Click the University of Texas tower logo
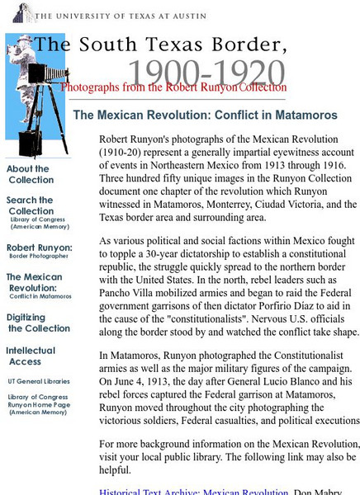[x=23, y=12]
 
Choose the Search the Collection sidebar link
[x=31, y=205]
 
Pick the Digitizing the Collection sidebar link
[x=27, y=323]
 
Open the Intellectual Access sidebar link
[x=31, y=356]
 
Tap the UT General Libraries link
[x=39, y=380]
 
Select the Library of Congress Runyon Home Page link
[x=38, y=404]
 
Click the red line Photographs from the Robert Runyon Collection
[x=173, y=87]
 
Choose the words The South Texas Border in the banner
[x=160, y=45]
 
